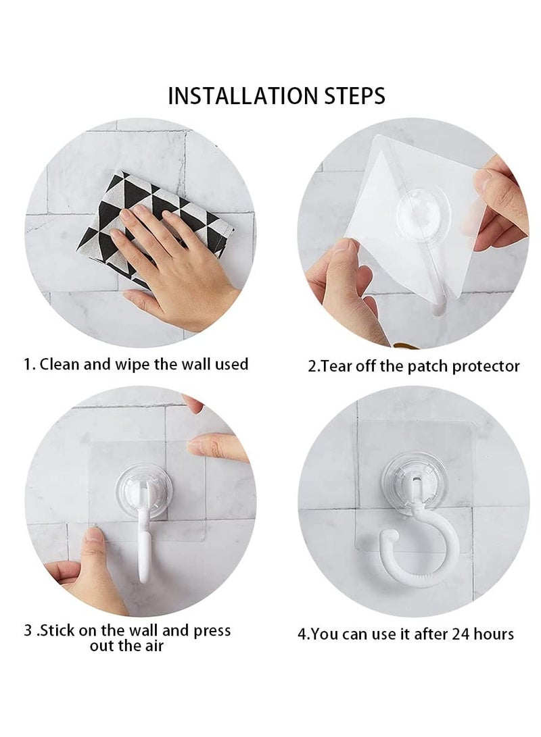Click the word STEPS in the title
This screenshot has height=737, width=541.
pyautogui.click(x=350, y=95)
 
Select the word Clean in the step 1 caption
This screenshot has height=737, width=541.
pyautogui.click(x=60, y=365)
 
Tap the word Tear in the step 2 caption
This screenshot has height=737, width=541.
pyautogui.click(x=335, y=367)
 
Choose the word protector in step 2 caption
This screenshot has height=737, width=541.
pyautogui.click(x=486, y=367)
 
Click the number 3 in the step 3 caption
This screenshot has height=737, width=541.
pyautogui.click(x=28, y=631)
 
